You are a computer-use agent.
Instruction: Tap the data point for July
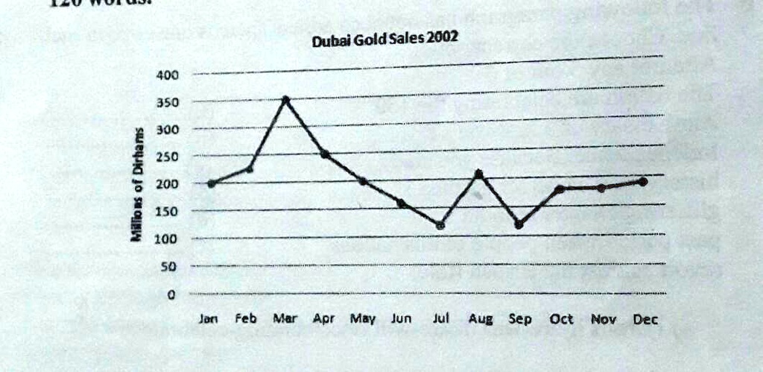point(440,224)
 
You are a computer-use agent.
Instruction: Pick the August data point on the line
point(478,174)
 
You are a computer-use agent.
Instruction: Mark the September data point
point(519,224)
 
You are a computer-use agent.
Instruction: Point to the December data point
point(642,181)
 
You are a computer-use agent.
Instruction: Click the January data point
point(211,183)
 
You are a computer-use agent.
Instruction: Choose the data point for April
point(325,154)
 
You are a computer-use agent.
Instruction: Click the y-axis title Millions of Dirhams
point(138,183)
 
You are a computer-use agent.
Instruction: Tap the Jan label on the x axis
point(209,318)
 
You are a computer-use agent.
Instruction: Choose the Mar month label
point(285,318)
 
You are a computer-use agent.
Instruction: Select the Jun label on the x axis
point(402,318)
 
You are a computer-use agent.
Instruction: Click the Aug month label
point(480,319)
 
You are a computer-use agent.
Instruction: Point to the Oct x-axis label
point(560,319)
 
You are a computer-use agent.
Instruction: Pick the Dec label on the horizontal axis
point(645,319)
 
